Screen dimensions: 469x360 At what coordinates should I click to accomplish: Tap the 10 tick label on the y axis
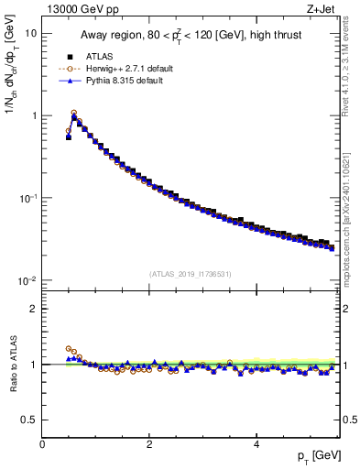pos(29,34)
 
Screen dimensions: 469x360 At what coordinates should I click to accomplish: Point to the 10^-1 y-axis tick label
pos(27,198)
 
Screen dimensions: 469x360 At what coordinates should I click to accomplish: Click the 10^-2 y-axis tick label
pos(27,280)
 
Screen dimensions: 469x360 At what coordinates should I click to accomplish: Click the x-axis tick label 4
pos(256,444)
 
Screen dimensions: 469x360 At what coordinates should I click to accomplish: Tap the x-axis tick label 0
pos(42,444)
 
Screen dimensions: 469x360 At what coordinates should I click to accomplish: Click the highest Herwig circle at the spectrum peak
pos(74,114)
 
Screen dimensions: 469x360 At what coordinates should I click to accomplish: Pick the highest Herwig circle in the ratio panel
pos(69,348)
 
